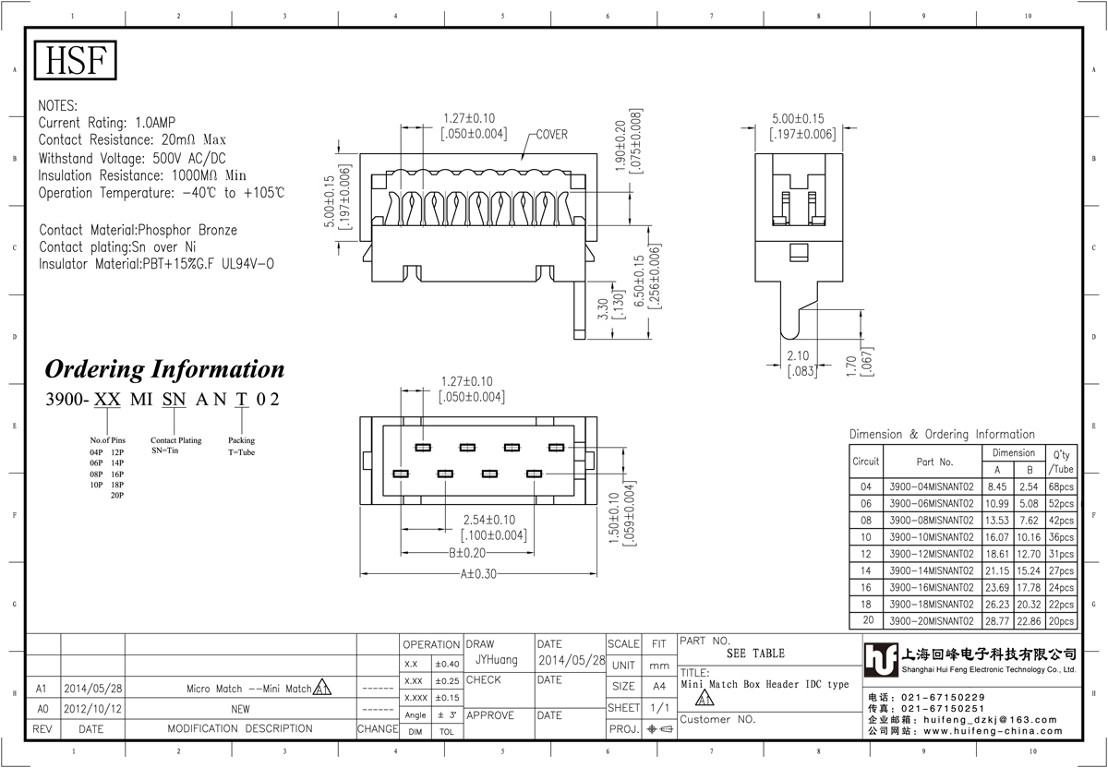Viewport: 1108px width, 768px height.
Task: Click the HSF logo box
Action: tap(75, 60)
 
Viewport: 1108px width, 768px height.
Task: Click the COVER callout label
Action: tap(552, 135)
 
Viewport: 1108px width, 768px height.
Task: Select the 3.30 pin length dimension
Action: tap(602, 308)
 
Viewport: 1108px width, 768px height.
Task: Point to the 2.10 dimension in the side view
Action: tap(798, 355)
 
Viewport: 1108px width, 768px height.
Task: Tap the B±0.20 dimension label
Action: tap(467, 553)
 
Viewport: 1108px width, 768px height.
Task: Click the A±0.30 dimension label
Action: tap(478, 573)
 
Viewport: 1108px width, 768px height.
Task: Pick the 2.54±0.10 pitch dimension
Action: tap(489, 520)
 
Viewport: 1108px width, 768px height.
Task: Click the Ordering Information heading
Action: tap(164, 369)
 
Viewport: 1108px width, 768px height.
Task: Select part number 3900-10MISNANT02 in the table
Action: tap(932, 537)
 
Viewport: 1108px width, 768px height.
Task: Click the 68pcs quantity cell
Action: tap(1061, 486)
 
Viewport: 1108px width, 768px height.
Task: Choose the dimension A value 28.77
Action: tap(996, 621)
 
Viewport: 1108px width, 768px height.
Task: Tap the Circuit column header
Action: tap(866, 462)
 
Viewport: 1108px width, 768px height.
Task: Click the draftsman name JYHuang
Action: tap(497, 660)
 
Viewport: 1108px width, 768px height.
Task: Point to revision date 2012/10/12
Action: tap(92, 709)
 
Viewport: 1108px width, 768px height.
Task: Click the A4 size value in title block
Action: tap(659, 687)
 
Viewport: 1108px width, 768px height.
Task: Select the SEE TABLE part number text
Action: tap(755, 654)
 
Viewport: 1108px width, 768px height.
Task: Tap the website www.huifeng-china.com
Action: tap(993, 731)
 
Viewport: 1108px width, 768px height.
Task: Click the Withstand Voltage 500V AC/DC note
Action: tap(132, 158)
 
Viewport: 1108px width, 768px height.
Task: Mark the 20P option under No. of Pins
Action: tap(117, 495)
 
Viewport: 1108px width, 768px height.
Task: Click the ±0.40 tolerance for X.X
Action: tap(447, 664)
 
